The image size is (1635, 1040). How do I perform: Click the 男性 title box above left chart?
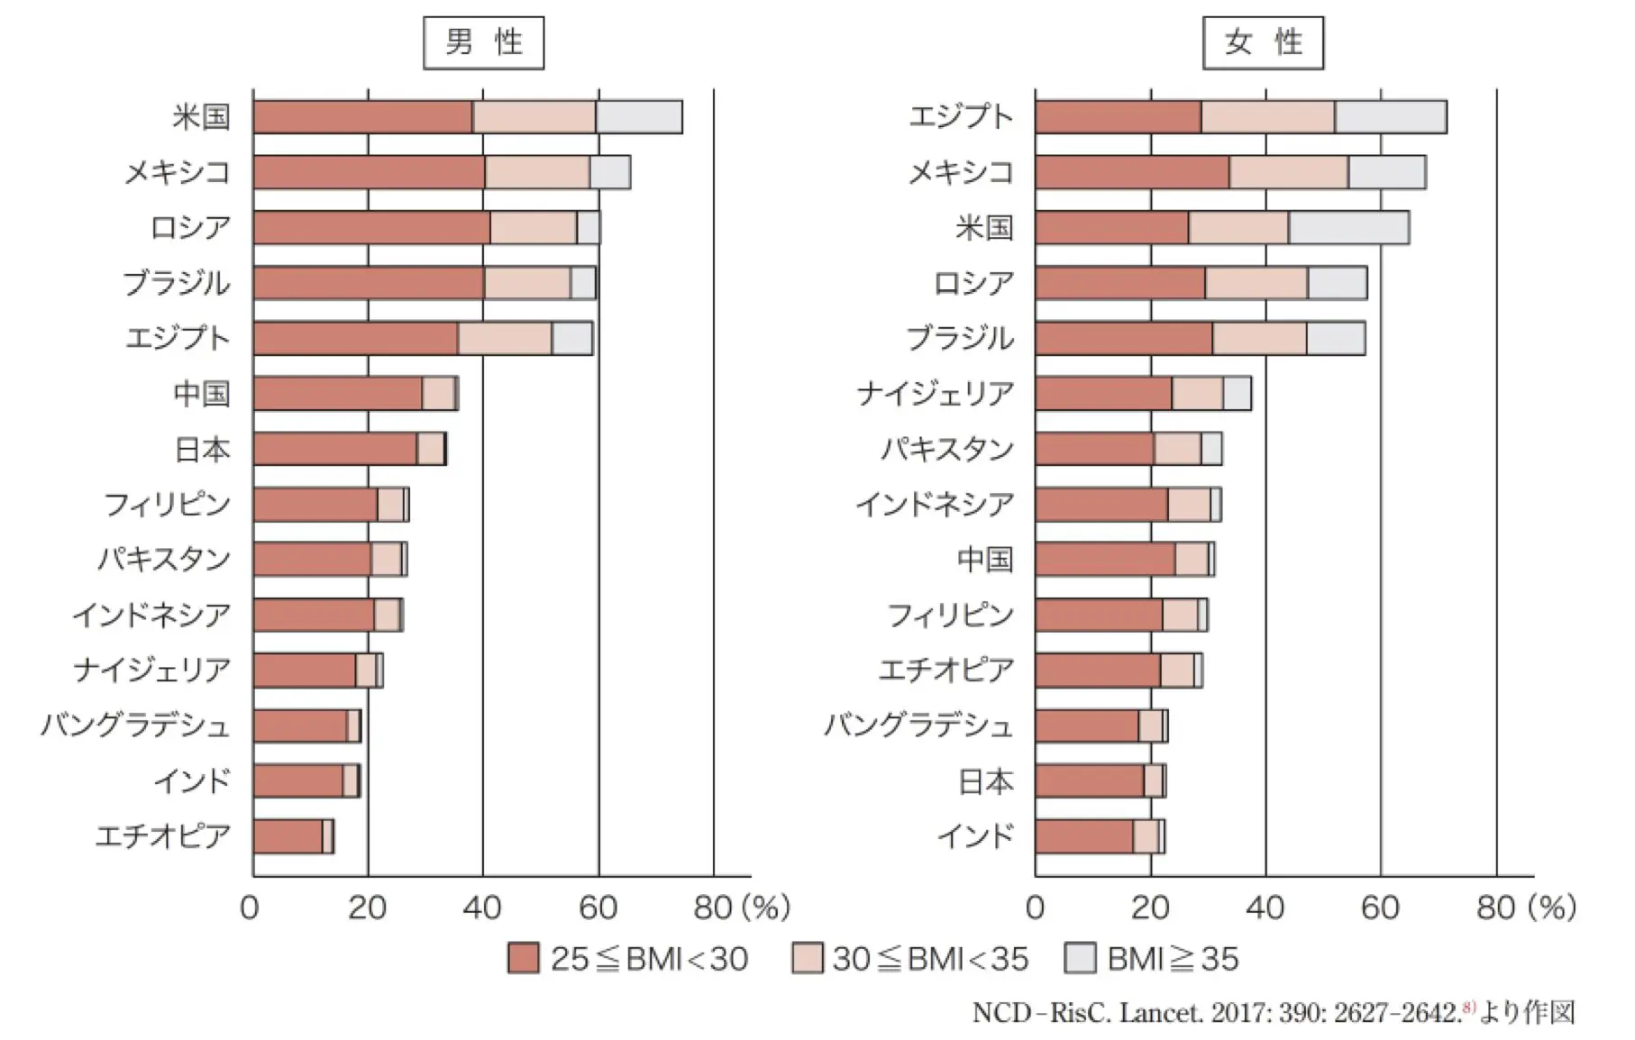(483, 42)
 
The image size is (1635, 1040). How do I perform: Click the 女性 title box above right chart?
(1263, 42)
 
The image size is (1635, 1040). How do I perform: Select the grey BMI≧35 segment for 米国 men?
(638, 117)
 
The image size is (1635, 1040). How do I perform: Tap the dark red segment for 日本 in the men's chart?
(334, 449)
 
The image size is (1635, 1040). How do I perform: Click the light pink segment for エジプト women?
(1267, 117)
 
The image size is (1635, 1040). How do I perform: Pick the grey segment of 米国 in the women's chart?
(1348, 228)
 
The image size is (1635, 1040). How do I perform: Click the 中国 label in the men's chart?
(202, 394)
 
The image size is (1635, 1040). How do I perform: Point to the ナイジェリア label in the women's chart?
(935, 394)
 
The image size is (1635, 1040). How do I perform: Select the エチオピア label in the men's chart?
(163, 836)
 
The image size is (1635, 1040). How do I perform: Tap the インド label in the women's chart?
(975, 836)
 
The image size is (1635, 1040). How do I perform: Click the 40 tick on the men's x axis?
(482, 908)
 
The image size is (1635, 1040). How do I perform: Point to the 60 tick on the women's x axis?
(1380, 908)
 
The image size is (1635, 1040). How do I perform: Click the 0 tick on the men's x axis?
(250, 908)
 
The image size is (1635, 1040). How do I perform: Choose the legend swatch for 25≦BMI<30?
(523, 959)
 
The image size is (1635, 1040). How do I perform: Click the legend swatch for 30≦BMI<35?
(807, 959)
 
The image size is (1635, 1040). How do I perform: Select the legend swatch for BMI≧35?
(1080, 959)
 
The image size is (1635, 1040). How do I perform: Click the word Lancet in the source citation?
(1160, 1013)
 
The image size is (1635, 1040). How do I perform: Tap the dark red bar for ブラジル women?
(1123, 339)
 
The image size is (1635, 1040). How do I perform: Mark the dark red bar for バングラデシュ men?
(299, 725)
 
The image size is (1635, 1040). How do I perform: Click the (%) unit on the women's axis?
(1549, 908)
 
